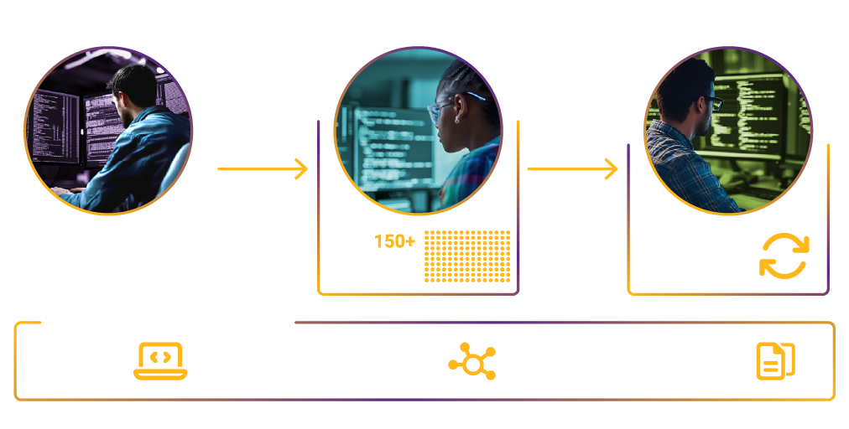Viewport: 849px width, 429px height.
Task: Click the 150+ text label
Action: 393,242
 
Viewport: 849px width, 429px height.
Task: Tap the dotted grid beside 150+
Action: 467,256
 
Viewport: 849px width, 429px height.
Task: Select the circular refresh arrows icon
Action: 784,256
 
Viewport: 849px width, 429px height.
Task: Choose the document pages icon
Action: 775,360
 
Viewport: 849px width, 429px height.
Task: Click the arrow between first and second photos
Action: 263,169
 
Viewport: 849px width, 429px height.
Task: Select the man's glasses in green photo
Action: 712,101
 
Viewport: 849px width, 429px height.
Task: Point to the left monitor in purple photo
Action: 55,126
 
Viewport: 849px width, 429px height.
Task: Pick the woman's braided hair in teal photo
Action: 470,84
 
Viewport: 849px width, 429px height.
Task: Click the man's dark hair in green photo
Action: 684,84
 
